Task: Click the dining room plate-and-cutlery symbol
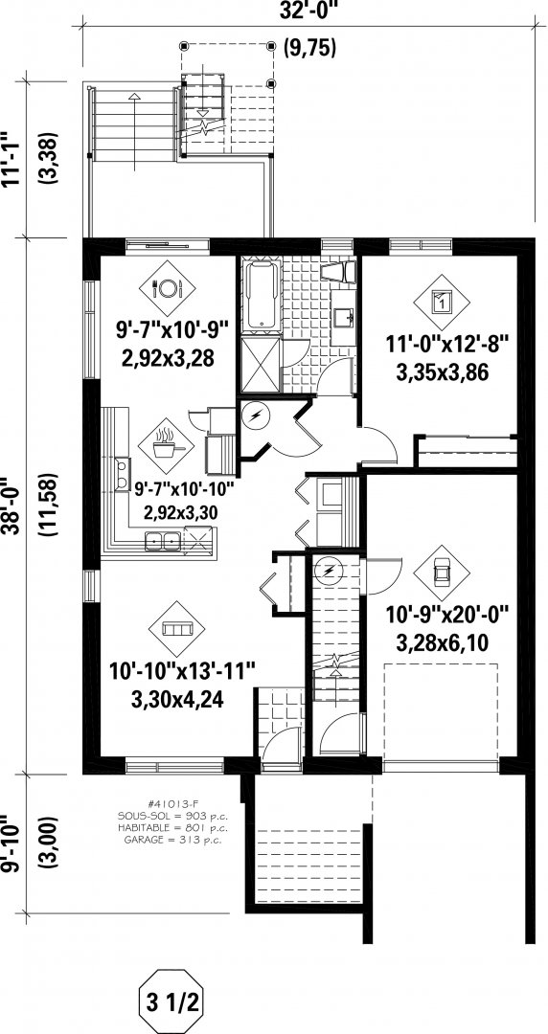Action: point(168,288)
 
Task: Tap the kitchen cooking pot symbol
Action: point(167,446)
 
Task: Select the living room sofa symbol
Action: point(176,628)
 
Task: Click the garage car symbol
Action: point(441,573)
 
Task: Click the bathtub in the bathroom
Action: point(262,294)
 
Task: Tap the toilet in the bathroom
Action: point(342,272)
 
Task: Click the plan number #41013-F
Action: point(171,804)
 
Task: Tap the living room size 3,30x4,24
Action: point(177,698)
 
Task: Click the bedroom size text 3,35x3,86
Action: point(442,373)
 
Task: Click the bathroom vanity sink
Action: point(341,317)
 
